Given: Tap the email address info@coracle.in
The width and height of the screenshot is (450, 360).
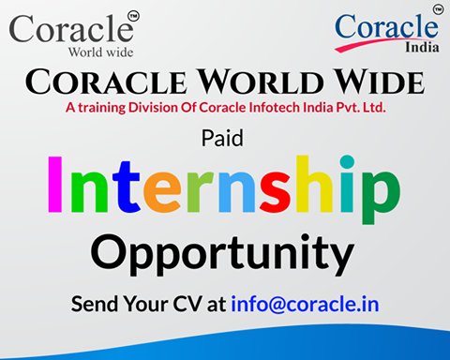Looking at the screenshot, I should [x=300, y=306].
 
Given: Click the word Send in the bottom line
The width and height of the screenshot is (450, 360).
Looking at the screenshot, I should [x=96, y=306].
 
